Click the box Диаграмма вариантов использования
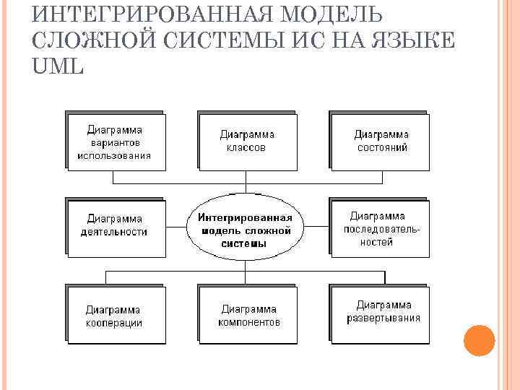click(115, 142)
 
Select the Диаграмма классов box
click(247, 141)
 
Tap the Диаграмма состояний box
click(381, 141)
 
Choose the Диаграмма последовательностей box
click(381, 228)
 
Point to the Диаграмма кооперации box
click(115, 316)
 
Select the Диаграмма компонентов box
click(248, 316)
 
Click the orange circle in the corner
click(479, 340)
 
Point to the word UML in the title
click(58, 66)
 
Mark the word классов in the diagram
click(247, 147)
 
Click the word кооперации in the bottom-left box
click(113, 323)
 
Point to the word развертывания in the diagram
click(383, 318)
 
